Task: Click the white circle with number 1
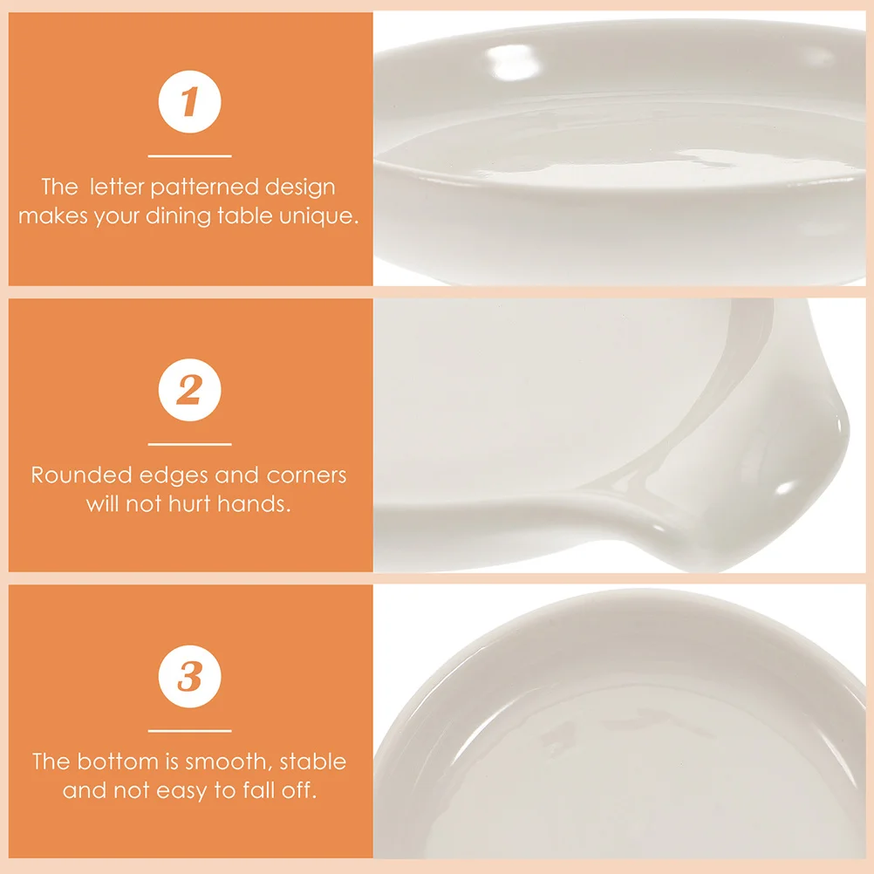click(189, 103)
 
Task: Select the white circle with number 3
click(189, 677)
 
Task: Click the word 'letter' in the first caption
click(117, 188)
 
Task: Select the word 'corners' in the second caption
click(307, 475)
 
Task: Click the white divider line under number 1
click(189, 156)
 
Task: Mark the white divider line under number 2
click(189, 444)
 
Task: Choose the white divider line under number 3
click(189, 731)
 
